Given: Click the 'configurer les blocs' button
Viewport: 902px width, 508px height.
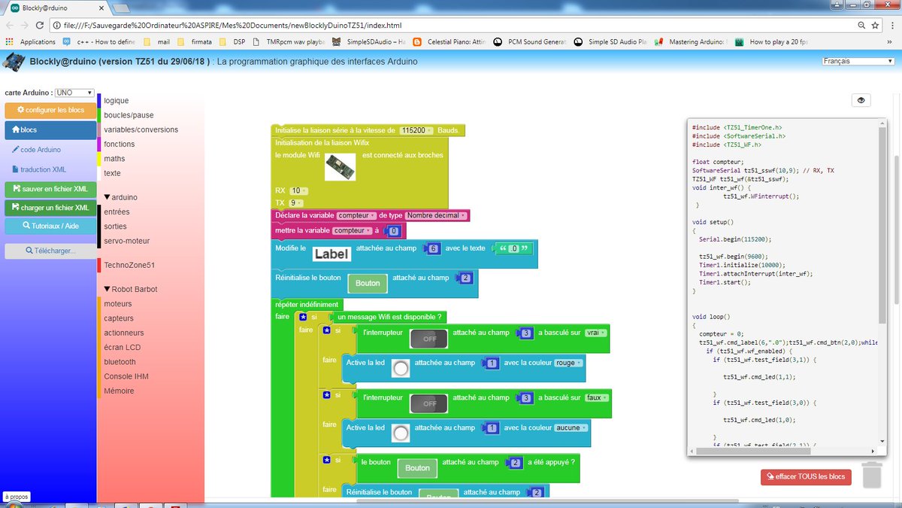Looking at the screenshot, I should tap(50, 110).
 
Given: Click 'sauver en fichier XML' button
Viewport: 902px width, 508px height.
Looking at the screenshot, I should tap(50, 189).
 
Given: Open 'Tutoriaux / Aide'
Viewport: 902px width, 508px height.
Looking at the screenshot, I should tap(50, 225).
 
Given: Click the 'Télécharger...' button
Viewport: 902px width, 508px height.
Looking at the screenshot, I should tap(50, 251).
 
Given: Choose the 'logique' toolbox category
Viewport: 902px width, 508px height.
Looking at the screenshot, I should tap(117, 100).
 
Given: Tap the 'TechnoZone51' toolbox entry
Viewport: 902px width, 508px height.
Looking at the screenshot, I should tap(129, 265).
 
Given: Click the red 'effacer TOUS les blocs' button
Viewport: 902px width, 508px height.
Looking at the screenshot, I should tap(806, 476).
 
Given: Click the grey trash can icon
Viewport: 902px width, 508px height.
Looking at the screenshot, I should tap(872, 474).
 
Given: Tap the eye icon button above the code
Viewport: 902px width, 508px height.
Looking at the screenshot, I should tap(861, 100).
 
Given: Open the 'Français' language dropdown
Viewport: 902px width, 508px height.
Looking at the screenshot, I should tap(857, 61).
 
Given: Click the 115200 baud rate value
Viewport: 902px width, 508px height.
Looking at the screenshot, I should tap(416, 130).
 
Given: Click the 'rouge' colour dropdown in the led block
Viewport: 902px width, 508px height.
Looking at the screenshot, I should tap(567, 363).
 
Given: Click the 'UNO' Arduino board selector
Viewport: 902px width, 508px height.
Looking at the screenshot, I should tap(74, 93).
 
